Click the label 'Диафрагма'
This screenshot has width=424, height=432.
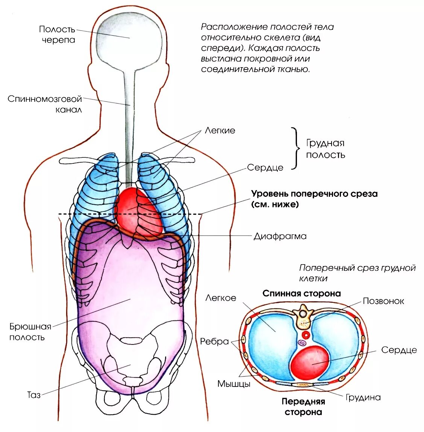280,236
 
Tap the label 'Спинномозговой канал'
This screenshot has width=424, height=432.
45,104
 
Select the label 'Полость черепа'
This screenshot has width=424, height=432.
57,35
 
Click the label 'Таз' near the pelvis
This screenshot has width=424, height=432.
34,395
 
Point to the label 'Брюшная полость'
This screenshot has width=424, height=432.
30,332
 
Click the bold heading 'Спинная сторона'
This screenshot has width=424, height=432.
301,293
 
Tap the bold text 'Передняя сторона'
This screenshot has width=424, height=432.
303,407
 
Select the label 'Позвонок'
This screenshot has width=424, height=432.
383,301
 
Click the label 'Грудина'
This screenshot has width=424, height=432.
363,397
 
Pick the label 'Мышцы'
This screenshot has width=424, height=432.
234,384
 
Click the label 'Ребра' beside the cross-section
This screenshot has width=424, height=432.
214,341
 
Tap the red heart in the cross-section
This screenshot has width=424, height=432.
310,362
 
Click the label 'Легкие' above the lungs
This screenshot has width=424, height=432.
220,130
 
